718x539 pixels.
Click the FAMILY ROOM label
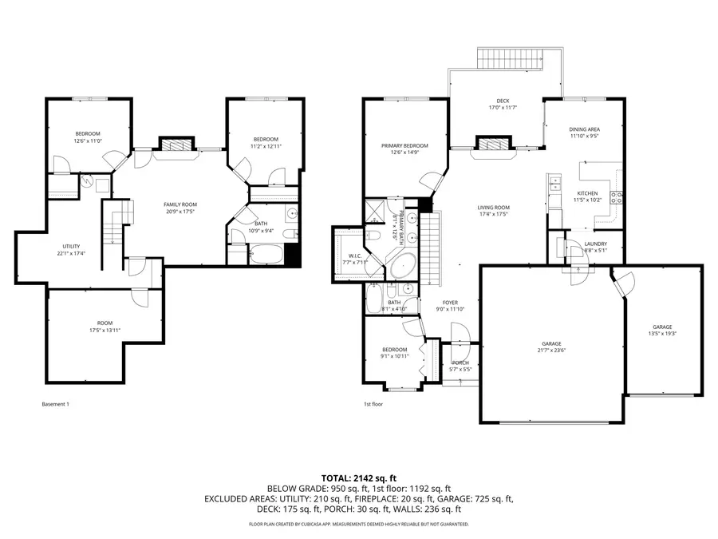[180, 204]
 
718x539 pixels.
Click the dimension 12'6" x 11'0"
[88, 141]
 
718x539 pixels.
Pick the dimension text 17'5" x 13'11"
[104, 329]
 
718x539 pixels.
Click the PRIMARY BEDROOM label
[404, 145]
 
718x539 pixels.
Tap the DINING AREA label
[584, 129]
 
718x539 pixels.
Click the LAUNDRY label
[595, 244]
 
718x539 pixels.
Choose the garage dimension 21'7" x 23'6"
[552, 348]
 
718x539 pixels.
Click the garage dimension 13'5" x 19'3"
[662, 334]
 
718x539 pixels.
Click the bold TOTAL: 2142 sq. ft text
[358, 476]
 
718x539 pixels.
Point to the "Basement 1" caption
[55, 404]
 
